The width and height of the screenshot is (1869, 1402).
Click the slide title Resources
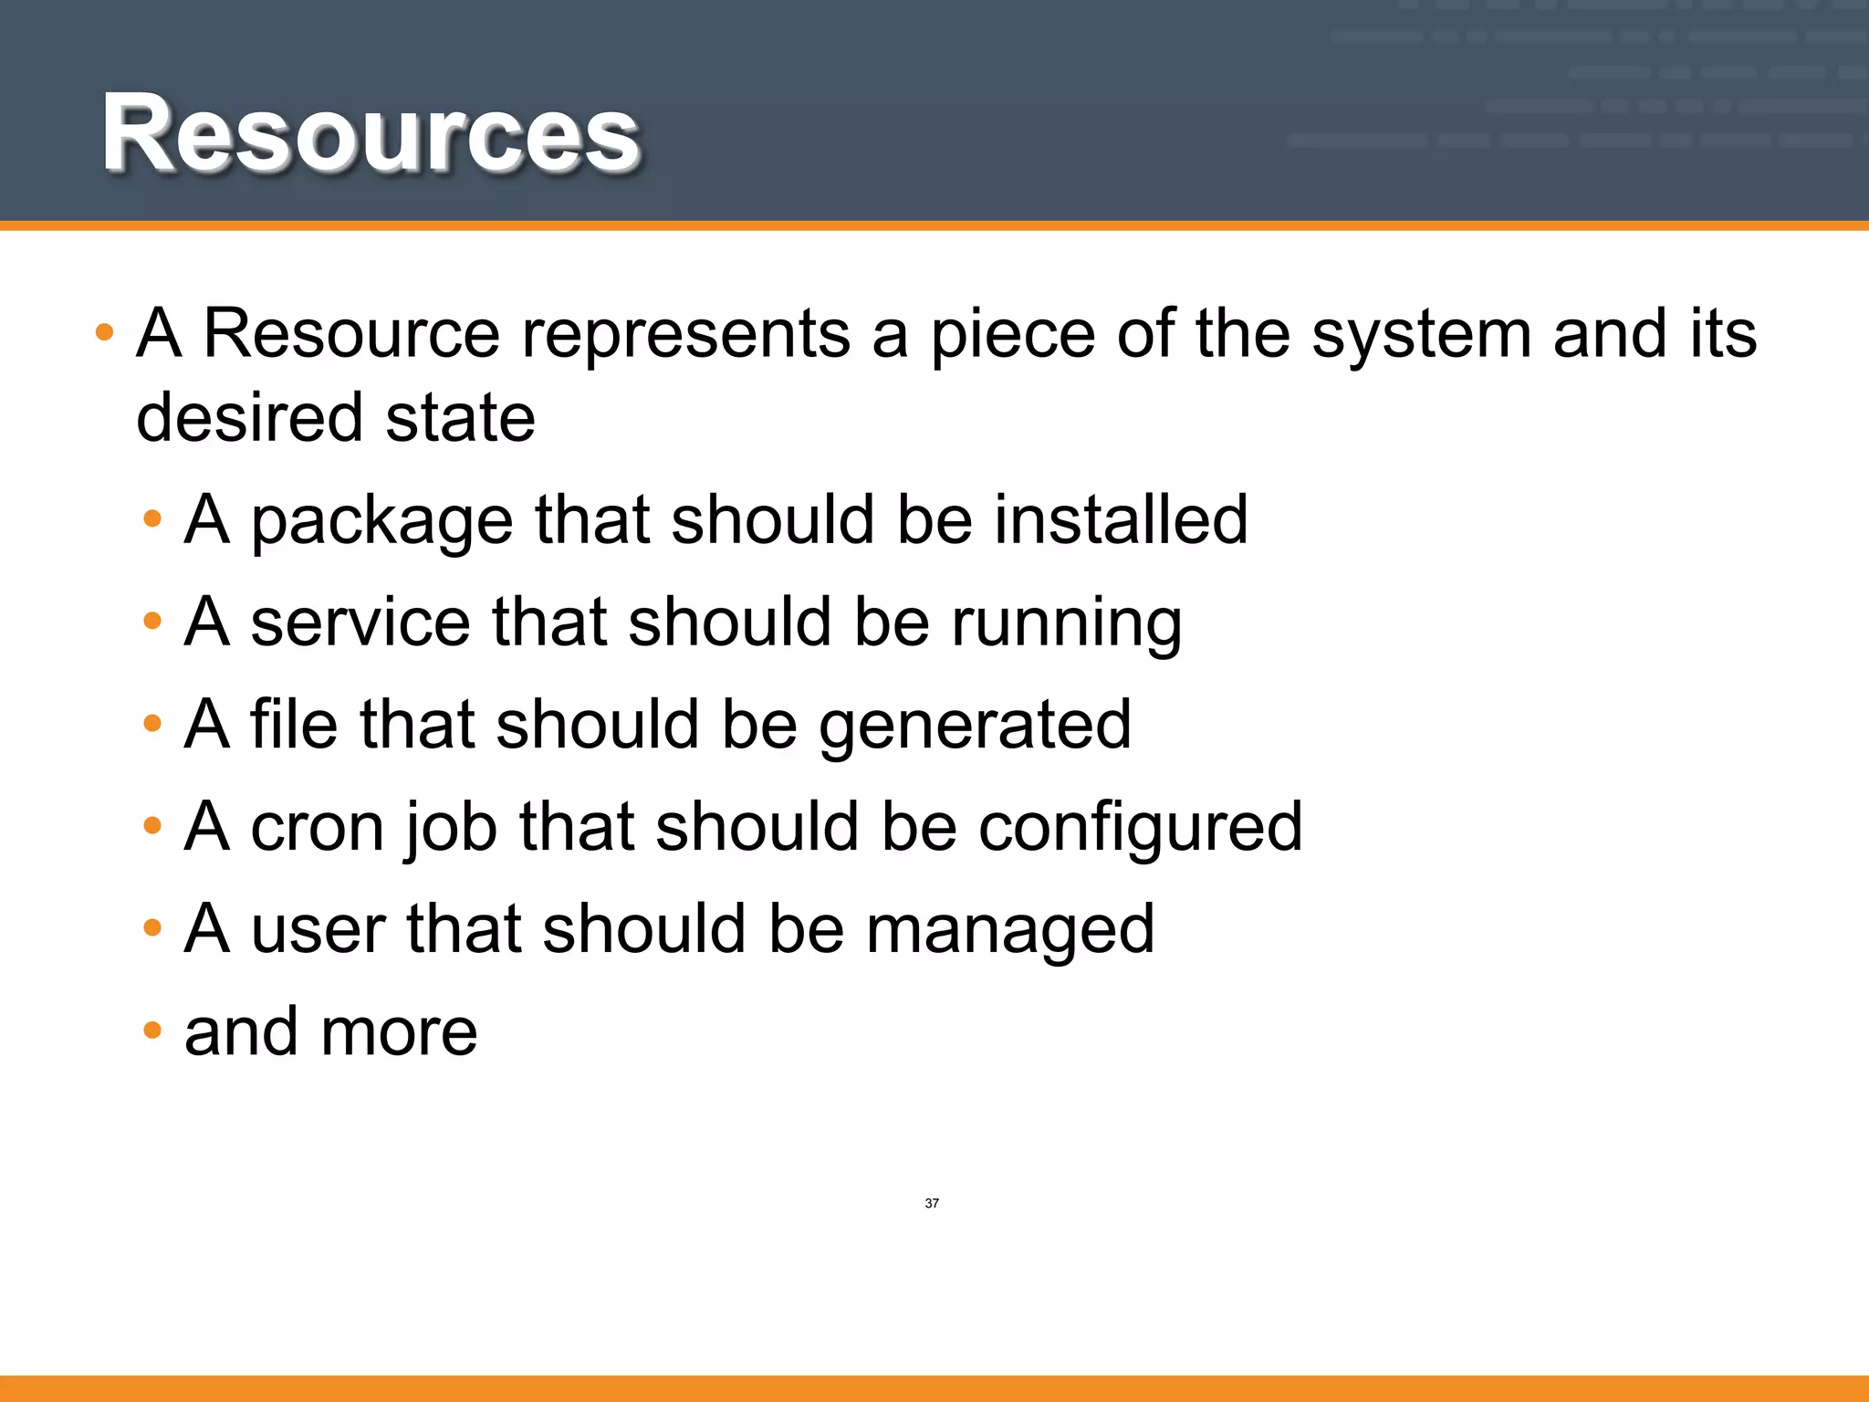[371, 133]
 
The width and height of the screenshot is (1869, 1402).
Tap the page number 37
[932, 1204]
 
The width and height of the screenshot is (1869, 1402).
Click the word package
[381, 522]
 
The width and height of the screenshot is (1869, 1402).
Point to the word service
[360, 623]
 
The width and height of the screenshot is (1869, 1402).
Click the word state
[460, 417]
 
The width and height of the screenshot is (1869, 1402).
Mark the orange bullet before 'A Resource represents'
[105, 332]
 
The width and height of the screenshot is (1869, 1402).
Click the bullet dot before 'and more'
[152, 1031]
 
